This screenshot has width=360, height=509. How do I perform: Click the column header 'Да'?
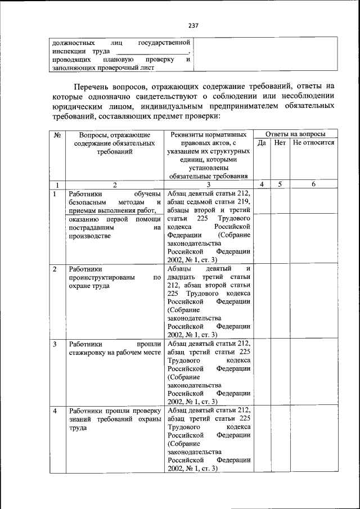(x=262, y=143)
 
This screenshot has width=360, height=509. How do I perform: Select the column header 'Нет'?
(x=280, y=143)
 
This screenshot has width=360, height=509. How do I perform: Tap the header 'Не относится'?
(x=313, y=143)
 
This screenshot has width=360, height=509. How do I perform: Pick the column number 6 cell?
(x=313, y=184)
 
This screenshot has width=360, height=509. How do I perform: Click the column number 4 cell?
(x=262, y=184)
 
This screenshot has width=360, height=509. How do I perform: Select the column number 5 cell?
(x=280, y=184)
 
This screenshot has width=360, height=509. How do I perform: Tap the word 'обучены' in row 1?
(x=148, y=194)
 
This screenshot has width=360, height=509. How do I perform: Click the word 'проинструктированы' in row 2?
(x=101, y=277)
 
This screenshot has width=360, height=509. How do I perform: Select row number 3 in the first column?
(x=55, y=343)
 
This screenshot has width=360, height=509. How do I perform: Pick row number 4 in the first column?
(x=55, y=411)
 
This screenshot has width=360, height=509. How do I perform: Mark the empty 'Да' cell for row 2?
(x=262, y=300)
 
